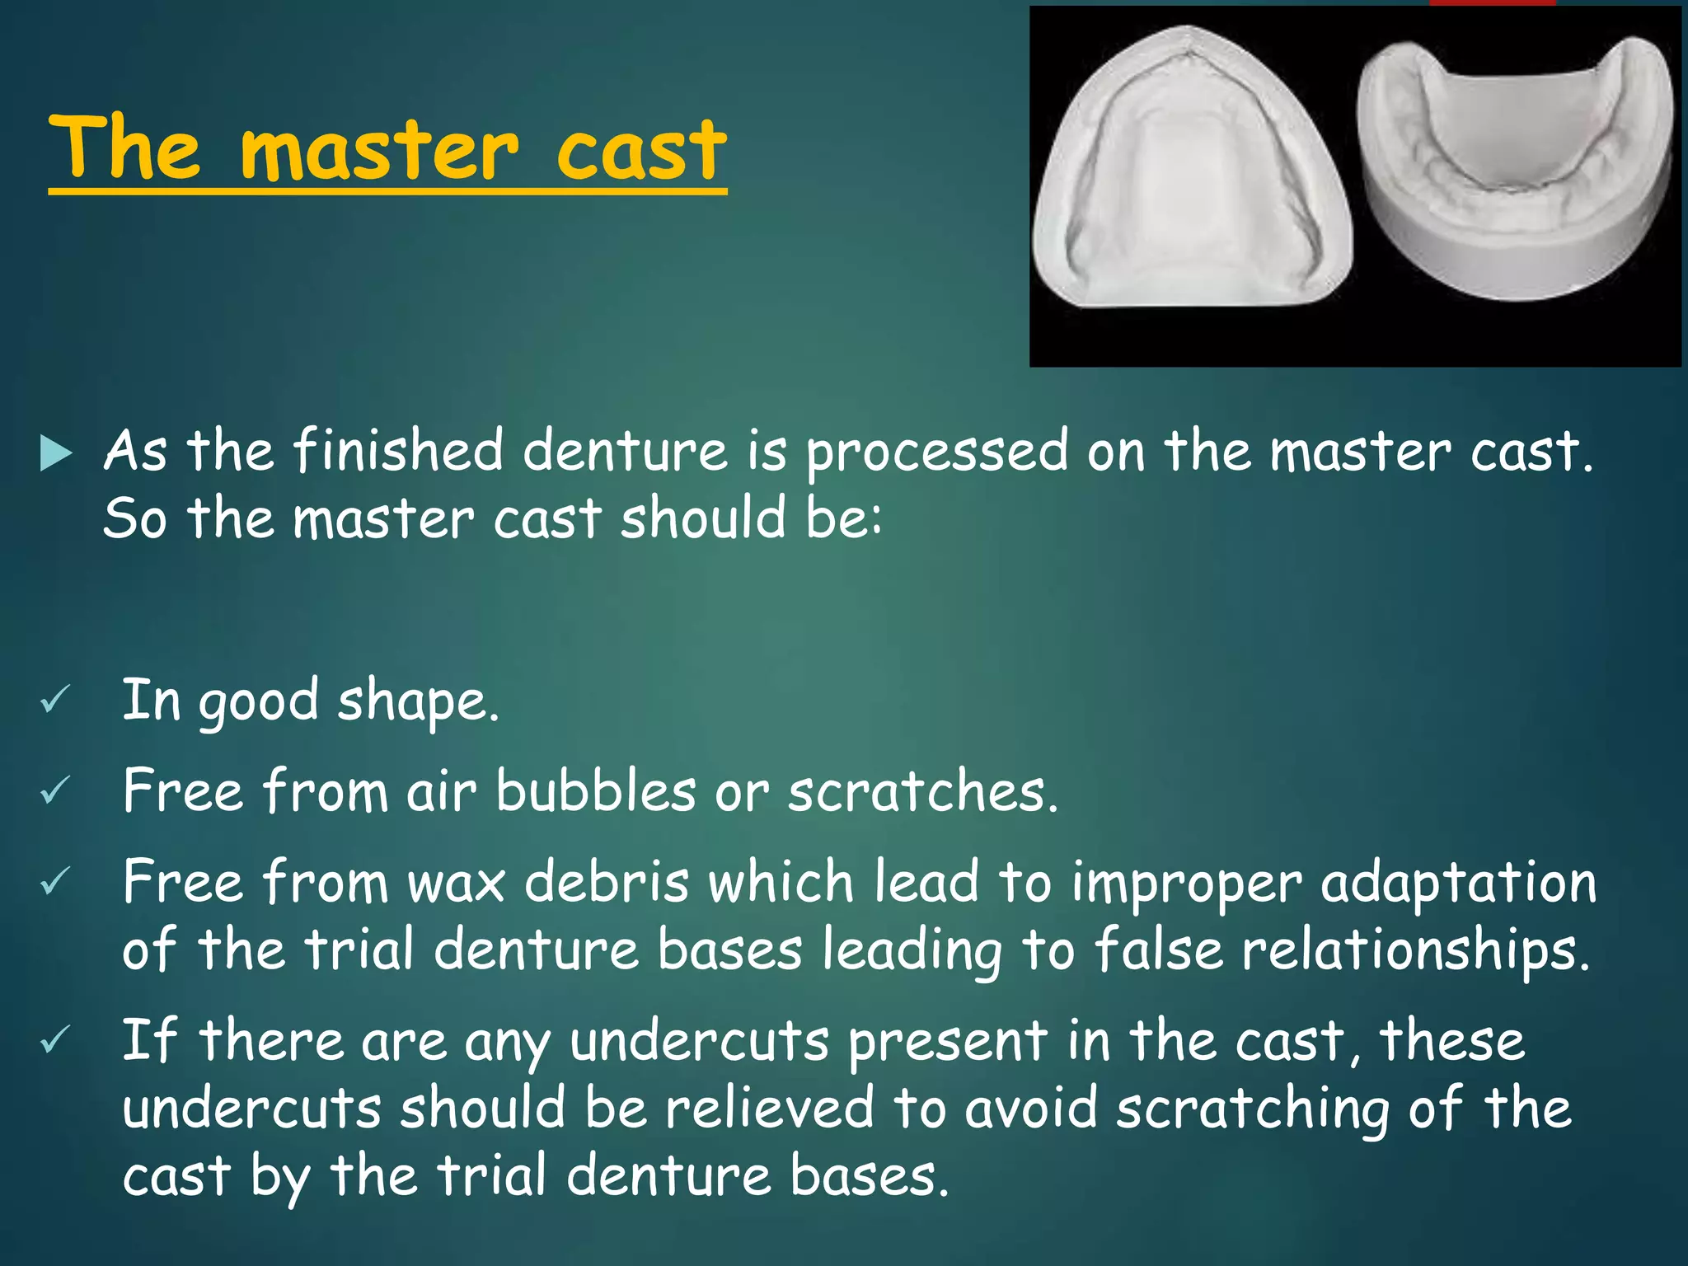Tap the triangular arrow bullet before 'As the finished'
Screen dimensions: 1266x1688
coord(55,453)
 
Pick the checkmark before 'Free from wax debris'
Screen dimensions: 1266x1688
coord(54,882)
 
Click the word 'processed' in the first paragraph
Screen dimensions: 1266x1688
coord(936,453)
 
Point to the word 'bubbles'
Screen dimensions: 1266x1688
coord(595,791)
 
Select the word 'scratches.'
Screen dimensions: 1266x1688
coord(922,791)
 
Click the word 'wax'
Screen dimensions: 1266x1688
coord(456,883)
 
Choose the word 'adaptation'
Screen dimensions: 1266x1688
coord(1458,883)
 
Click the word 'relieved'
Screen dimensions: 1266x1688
coord(769,1108)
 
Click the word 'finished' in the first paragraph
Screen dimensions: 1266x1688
coord(397,452)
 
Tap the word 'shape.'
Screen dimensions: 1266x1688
coord(418,701)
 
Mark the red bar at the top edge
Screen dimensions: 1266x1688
coord(1492,2)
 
